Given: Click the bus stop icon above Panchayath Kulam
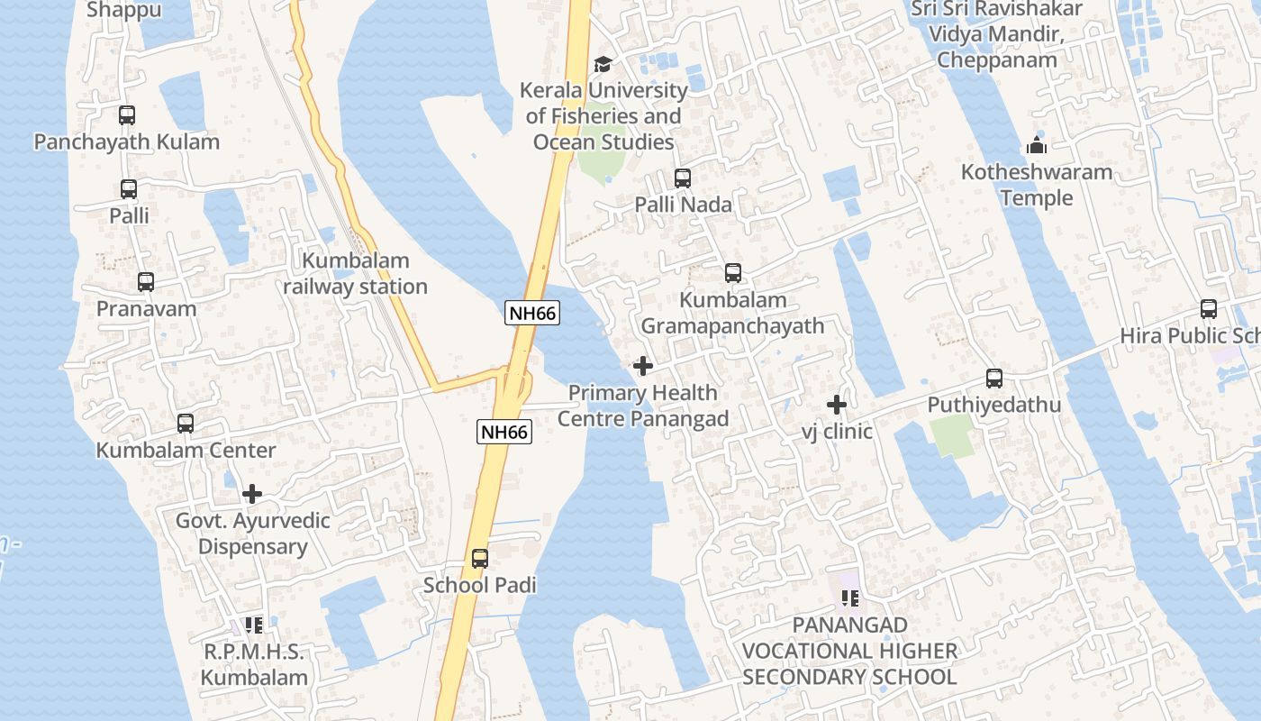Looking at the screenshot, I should click(127, 115).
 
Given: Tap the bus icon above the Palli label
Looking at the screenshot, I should click(129, 189).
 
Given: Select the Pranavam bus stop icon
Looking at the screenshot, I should click(146, 282).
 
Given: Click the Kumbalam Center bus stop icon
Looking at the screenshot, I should click(186, 423).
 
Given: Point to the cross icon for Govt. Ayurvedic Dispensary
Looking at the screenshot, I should click(252, 494).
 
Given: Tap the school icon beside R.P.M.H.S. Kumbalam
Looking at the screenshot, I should click(254, 625).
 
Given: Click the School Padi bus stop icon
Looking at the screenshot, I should click(480, 559).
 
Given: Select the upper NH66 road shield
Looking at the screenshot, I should click(532, 313).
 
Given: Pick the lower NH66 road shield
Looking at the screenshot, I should click(504, 432).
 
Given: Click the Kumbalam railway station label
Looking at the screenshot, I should click(356, 274).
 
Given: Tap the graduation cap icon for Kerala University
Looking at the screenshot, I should click(603, 65).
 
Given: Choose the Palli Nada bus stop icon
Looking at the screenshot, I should click(683, 178).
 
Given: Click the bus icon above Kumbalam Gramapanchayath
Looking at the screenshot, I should click(733, 273).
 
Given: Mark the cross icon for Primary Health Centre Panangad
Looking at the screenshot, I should click(643, 366).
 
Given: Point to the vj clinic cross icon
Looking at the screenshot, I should click(837, 405).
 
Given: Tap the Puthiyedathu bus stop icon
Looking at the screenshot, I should click(994, 379).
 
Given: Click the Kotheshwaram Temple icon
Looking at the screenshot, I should click(1037, 145).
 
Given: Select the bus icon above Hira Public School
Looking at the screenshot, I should click(1209, 309).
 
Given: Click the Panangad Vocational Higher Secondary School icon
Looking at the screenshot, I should click(849, 598).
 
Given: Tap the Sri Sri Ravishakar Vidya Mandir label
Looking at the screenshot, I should click(996, 34).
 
